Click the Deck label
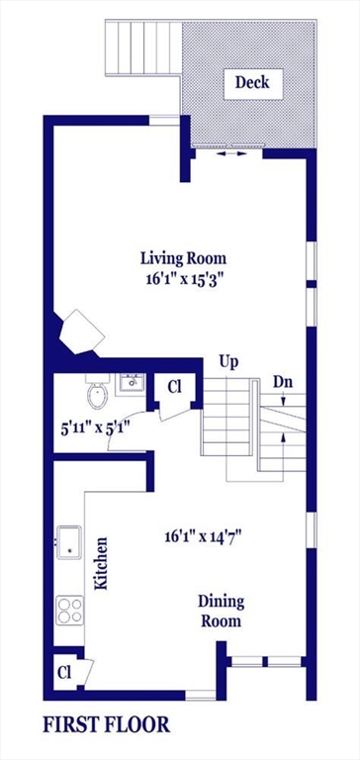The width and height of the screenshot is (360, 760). tap(252, 82)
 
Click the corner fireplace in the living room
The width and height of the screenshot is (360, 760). tap(81, 331)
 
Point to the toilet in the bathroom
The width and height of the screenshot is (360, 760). tap(97, 395)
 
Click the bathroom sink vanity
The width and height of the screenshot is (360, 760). tap(131, 383)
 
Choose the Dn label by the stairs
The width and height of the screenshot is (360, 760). tap(283, 381)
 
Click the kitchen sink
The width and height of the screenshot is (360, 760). tap(69, 543)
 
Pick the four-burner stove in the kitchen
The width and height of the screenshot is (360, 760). tap(69, 610)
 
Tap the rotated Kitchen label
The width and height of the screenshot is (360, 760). tap(101, 564)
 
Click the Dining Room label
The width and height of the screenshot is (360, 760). tap(221, 612)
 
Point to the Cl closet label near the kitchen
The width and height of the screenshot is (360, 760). tap(63, 671)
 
